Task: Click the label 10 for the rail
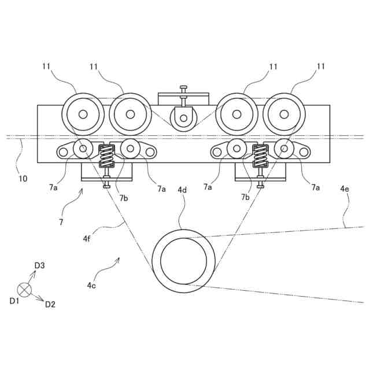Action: tap(23, 179)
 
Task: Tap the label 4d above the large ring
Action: tap(182, 190)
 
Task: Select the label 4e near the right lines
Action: tap(345, 189)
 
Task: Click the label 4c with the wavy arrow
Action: tap(91, 284)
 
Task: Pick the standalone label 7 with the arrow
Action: tap(61, 221)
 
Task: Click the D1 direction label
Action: tap(14, 301)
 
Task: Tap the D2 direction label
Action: tap(50, 304)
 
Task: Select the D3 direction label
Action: tap(39, 265)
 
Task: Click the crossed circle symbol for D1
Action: tap(24, 289)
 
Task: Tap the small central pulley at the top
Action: tap(183, 119)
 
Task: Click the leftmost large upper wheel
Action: tap(83, 114)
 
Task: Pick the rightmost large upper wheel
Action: tap(284, 114)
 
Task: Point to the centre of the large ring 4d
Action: tap(183, 261)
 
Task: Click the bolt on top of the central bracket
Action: tap(183, 88)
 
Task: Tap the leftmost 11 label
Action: tap(46, 67)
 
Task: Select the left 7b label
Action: tap(124, 198)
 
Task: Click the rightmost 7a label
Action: tap(316, 187)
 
